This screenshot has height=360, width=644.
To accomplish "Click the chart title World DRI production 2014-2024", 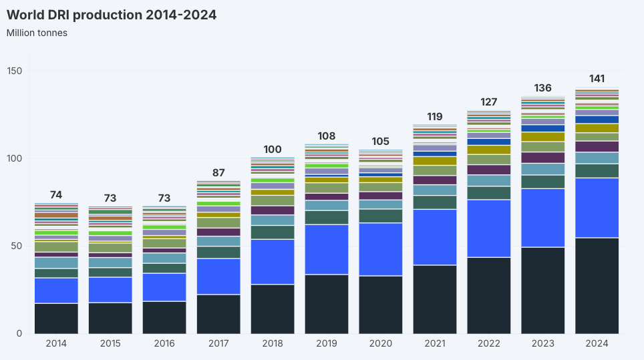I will pyautogui.click(x=112, y=15).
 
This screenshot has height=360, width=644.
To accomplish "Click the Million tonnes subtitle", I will pyautogui.click(x=37, y=33).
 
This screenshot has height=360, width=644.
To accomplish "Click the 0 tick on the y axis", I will pyautogui.click(x=19, y=333).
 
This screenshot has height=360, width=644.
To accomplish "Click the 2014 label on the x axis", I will pyautogui.click(x=56, y=344).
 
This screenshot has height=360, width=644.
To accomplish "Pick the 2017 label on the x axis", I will pyautogui.click(x=218, y=344).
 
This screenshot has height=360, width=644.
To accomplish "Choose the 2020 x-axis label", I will pyautogui.click(x=381, y=344).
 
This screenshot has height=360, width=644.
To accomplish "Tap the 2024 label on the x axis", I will pyautogui.click(x=597, y=344).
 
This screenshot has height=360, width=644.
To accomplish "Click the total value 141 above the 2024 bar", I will pyautogui.click(x=597, y=79).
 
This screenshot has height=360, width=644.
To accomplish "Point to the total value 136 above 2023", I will pyautogui.click(x=542, y=87).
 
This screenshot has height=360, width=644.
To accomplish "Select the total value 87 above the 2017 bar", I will pyautogui.click(x=218, y=172).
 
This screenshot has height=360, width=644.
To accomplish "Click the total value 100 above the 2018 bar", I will pyautogui.click(x=273, y=149).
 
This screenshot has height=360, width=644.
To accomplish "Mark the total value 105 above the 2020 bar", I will pyautogui.click(x=381, y=141).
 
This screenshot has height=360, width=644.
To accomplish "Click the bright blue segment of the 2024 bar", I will pyautogui.click(x=597, y=208).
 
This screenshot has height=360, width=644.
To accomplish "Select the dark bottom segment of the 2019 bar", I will pyautogui.click(x=327, y=304).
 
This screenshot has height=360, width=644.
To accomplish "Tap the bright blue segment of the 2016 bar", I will pyautogui.click(x=164, y=287).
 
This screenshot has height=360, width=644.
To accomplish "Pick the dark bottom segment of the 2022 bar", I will pyautogui.click(x=488, y=295).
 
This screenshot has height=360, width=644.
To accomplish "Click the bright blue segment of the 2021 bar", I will pyautogui.click(x=434, y=237).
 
